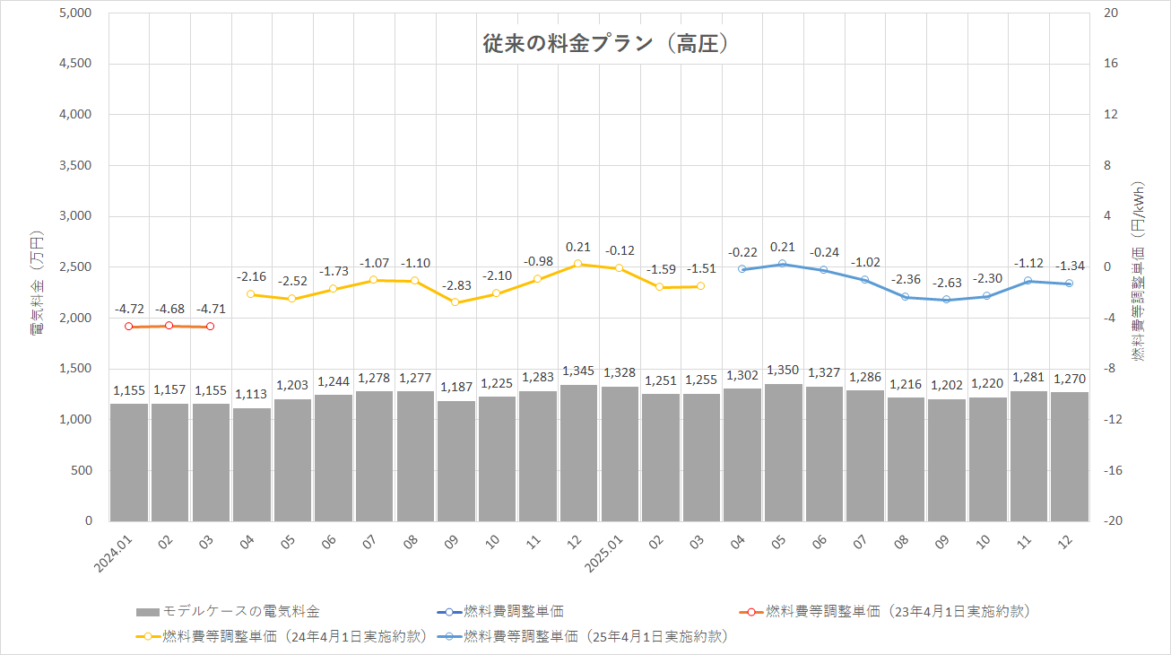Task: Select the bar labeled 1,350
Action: pyautogui.click(x=783, y=452)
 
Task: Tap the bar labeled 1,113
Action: pyautogui.click(x=251, y=465)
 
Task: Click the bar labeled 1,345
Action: pyautogui.click(x=578, y=453)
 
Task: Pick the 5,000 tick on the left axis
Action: pyautogui.click(x=75, y=13)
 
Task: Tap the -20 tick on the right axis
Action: pyautogui.click(x=1111, y=521)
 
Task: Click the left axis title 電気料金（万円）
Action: pyautogui.click(x=37, y=283)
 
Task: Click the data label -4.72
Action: pyautogui.click(x=129, y=310)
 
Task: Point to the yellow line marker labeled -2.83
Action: pyautogui.click(x=455, y=302)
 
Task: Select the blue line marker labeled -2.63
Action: pyautogui.click(x=946, y=300)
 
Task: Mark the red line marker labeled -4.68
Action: pyautogui.click(x=169, y=326)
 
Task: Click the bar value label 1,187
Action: pyautogui.click(x=455, y=387)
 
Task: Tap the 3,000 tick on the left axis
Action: pyautogui.click(x=75, y=216)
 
